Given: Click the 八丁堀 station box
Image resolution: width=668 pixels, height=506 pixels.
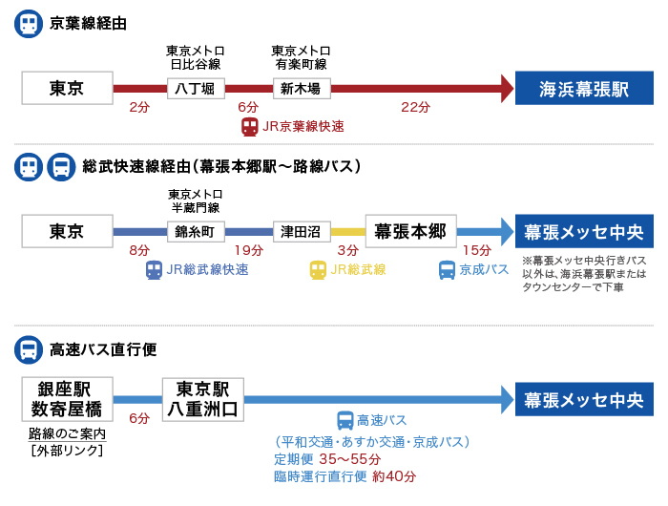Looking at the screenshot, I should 197,89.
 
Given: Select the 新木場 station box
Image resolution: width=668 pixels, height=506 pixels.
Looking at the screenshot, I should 302,89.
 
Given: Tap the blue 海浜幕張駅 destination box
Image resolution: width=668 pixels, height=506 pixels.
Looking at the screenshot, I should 584,89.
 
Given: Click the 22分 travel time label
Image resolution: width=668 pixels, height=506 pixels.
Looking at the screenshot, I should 415,107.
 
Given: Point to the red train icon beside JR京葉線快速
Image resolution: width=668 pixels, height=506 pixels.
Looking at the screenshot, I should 250,126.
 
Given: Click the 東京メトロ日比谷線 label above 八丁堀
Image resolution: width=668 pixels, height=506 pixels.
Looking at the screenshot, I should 196,57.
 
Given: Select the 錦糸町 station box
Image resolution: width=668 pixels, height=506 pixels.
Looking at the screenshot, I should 195,231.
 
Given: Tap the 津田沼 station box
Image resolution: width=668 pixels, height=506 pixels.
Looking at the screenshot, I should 302,231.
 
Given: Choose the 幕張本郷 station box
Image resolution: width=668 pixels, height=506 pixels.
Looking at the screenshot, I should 411,231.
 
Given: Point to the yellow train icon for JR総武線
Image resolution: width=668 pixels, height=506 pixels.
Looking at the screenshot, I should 318,270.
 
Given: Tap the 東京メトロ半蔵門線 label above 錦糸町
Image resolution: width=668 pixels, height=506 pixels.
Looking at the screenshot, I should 195,200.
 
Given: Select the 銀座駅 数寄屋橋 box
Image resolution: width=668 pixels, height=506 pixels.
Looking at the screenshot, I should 67,399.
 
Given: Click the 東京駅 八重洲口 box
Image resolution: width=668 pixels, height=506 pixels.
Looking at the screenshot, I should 202,399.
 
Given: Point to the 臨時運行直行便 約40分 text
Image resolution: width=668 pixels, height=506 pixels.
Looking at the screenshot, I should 344,476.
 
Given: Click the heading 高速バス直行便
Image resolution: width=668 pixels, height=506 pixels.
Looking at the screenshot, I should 102,349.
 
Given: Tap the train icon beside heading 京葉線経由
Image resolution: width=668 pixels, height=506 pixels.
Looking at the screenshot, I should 29,24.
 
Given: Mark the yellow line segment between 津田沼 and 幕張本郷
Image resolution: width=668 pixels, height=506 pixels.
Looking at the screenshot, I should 348,231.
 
